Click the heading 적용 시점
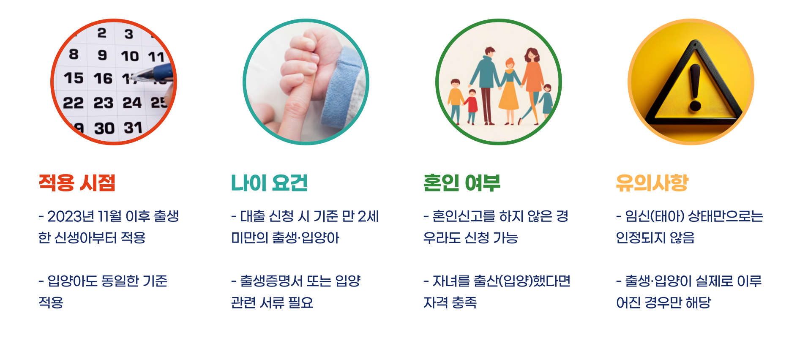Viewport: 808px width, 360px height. tap(77, 183)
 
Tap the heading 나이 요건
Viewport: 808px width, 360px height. tap(269, 183)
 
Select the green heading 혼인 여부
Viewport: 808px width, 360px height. tap(462, 183)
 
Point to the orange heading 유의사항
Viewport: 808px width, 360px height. tap(652, 183)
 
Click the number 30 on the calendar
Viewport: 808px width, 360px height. tap(104, 128)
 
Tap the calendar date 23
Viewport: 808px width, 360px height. tap(104, 103)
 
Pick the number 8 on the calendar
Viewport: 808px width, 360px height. tap(74, 54)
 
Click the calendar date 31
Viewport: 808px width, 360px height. tap(133, 128)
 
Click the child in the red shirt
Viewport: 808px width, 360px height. tap(472, 106)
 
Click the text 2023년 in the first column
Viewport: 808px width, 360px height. tap(71, 216)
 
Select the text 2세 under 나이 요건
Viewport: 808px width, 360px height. tap(368, 216)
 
